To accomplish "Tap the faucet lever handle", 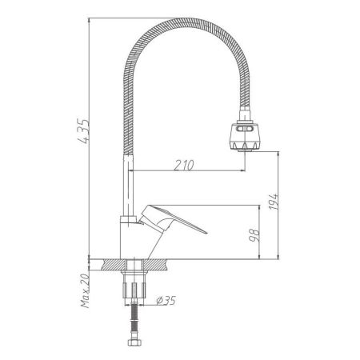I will coord(172,219).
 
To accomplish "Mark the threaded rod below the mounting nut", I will coord(133,324).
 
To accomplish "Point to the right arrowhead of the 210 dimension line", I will coord(240,172).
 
